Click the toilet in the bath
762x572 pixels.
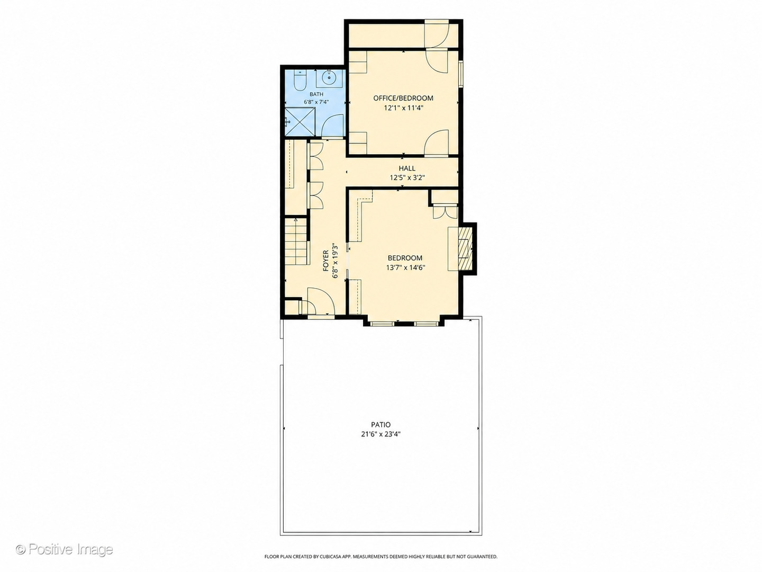300,80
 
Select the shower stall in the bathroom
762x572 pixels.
300,121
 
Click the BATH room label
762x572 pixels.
316,94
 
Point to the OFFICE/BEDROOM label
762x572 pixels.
403,98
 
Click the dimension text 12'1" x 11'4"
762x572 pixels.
403,108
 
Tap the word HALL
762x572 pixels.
407,168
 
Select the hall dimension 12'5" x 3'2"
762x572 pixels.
407,178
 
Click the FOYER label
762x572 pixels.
325,261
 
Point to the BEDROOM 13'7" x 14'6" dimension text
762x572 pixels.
405,268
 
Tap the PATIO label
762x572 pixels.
381,424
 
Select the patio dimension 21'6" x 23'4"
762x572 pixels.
381,434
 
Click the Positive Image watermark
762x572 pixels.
65,549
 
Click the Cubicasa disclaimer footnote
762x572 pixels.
381,556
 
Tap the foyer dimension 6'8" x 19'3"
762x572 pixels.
335,261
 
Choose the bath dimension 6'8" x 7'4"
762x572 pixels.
316,102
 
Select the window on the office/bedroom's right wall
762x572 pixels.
461,74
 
